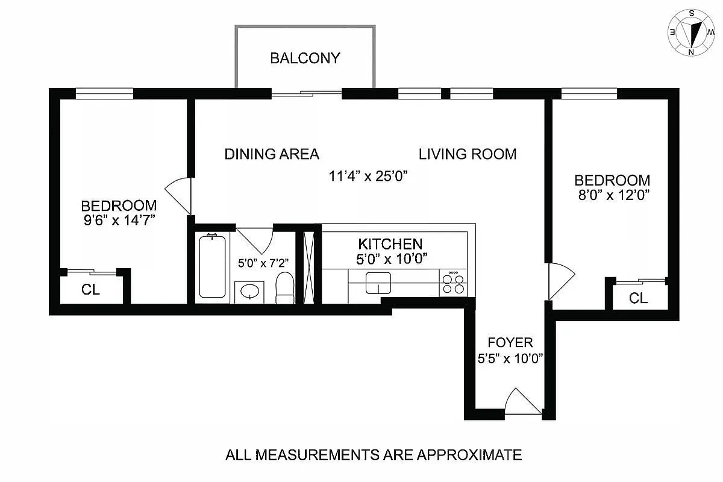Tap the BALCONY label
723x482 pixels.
coord(305,58)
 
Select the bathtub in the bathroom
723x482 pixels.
coord(212,266)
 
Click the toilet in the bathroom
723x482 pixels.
coord(284,288)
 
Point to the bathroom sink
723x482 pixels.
coord(248,292)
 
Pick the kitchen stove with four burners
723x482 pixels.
coord(454,283)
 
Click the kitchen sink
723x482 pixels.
coord(378,282)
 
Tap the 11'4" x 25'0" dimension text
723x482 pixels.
coord(369,177)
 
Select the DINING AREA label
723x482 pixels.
coord(271,154)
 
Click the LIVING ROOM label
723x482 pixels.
coord(468,154)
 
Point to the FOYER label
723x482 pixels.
coord(510,343)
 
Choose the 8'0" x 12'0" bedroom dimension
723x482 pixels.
coord(612,195)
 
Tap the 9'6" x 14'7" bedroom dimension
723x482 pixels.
coord(119,221)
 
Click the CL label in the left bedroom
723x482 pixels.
coord(90,290)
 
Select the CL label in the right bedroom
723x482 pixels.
coord(639,298)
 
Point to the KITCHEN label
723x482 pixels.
coord(390,244)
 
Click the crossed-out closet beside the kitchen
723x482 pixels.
coord(309,266)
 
